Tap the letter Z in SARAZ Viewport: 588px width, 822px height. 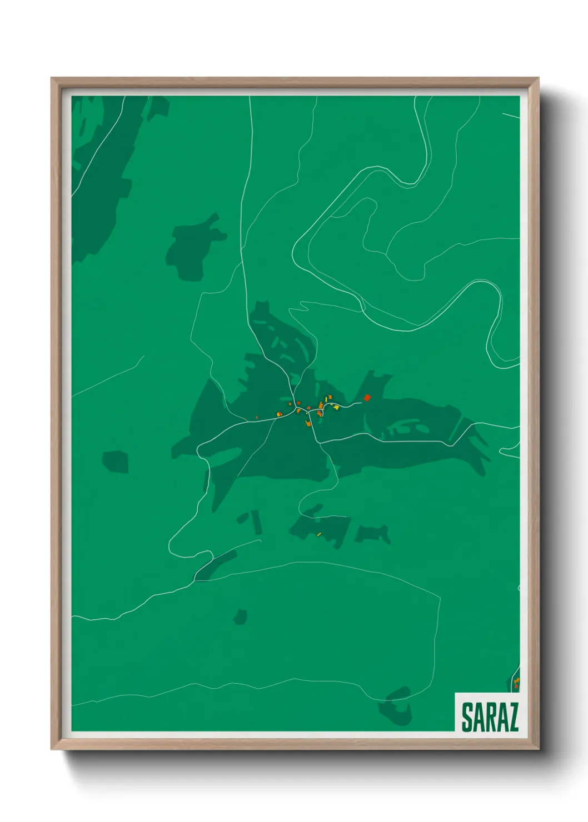click(x=512, y=718)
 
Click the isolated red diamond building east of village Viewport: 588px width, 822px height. click(x=367, y=397)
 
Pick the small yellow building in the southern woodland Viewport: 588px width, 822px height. click(x=319, y=534)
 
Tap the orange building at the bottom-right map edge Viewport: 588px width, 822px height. click(x=516, y=681)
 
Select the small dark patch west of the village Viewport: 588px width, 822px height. click(x=116, y=462)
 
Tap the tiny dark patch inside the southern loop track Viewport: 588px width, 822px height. click(x=240, y=616)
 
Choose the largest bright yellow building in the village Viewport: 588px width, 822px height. click(x=336, y=407)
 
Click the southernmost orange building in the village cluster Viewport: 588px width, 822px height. click(x=308, y=424)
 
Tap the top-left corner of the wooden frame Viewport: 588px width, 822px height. click(x=52, y=78)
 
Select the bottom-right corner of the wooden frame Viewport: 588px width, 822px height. click(x=538, y=749)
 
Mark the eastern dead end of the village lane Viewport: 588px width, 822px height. click(x=362, y=403)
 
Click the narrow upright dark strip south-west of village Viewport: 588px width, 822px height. click(x=257, y=522)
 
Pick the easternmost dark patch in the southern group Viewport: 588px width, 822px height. click(x=373, y=534)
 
